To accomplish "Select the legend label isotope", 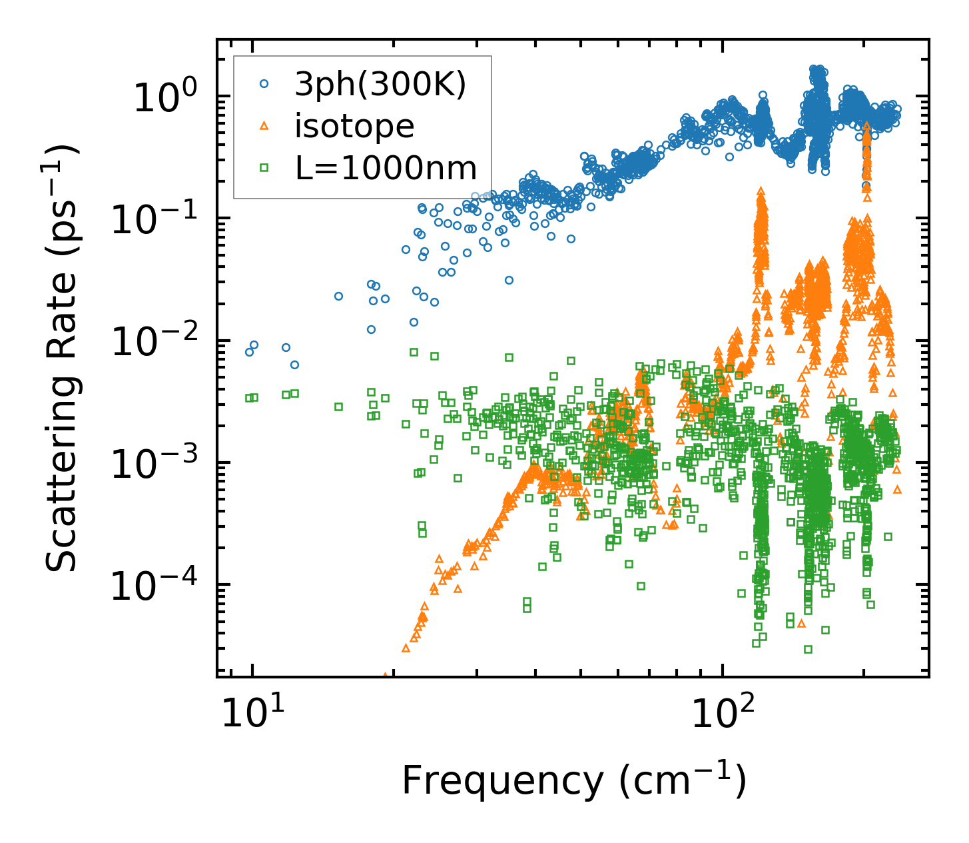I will click(354, 126).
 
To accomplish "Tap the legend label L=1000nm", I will click(386, 169).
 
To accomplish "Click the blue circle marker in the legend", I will click(264, 84).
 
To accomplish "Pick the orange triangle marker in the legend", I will click(264, 126).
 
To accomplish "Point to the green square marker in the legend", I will click(264, 169).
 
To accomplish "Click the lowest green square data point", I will click(808, 649).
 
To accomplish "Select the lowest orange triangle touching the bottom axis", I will click(384, 676).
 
